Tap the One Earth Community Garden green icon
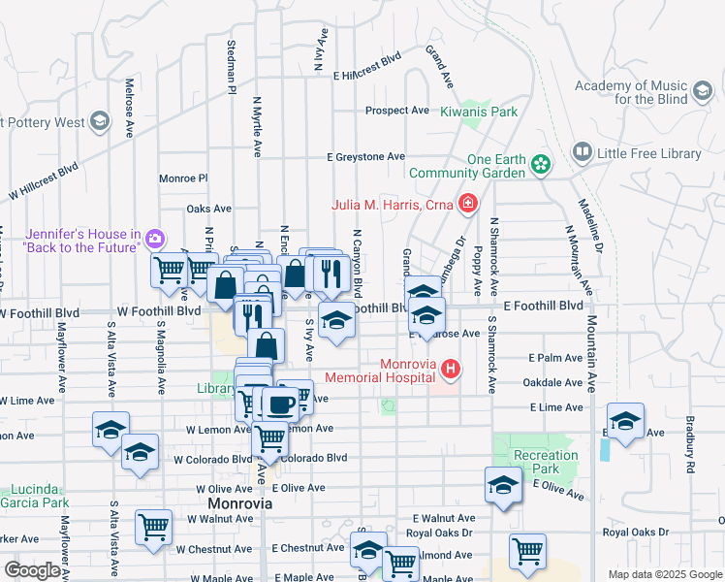[x=541, y=167]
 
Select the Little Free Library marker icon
[x=582, y=153]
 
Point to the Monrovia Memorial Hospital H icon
[x=450, y=369]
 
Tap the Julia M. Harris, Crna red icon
[x=468, y=204]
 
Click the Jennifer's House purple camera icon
[x=155, y=239]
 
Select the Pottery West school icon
[x=99, y=122]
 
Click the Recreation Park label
[x=546, y=463]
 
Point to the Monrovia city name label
[x=239, y=505]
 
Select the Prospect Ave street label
[x=397, y=111]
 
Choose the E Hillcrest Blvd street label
[x=366, y=60]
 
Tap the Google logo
[x=32, y=569]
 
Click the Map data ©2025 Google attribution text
[x=665, y=574]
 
